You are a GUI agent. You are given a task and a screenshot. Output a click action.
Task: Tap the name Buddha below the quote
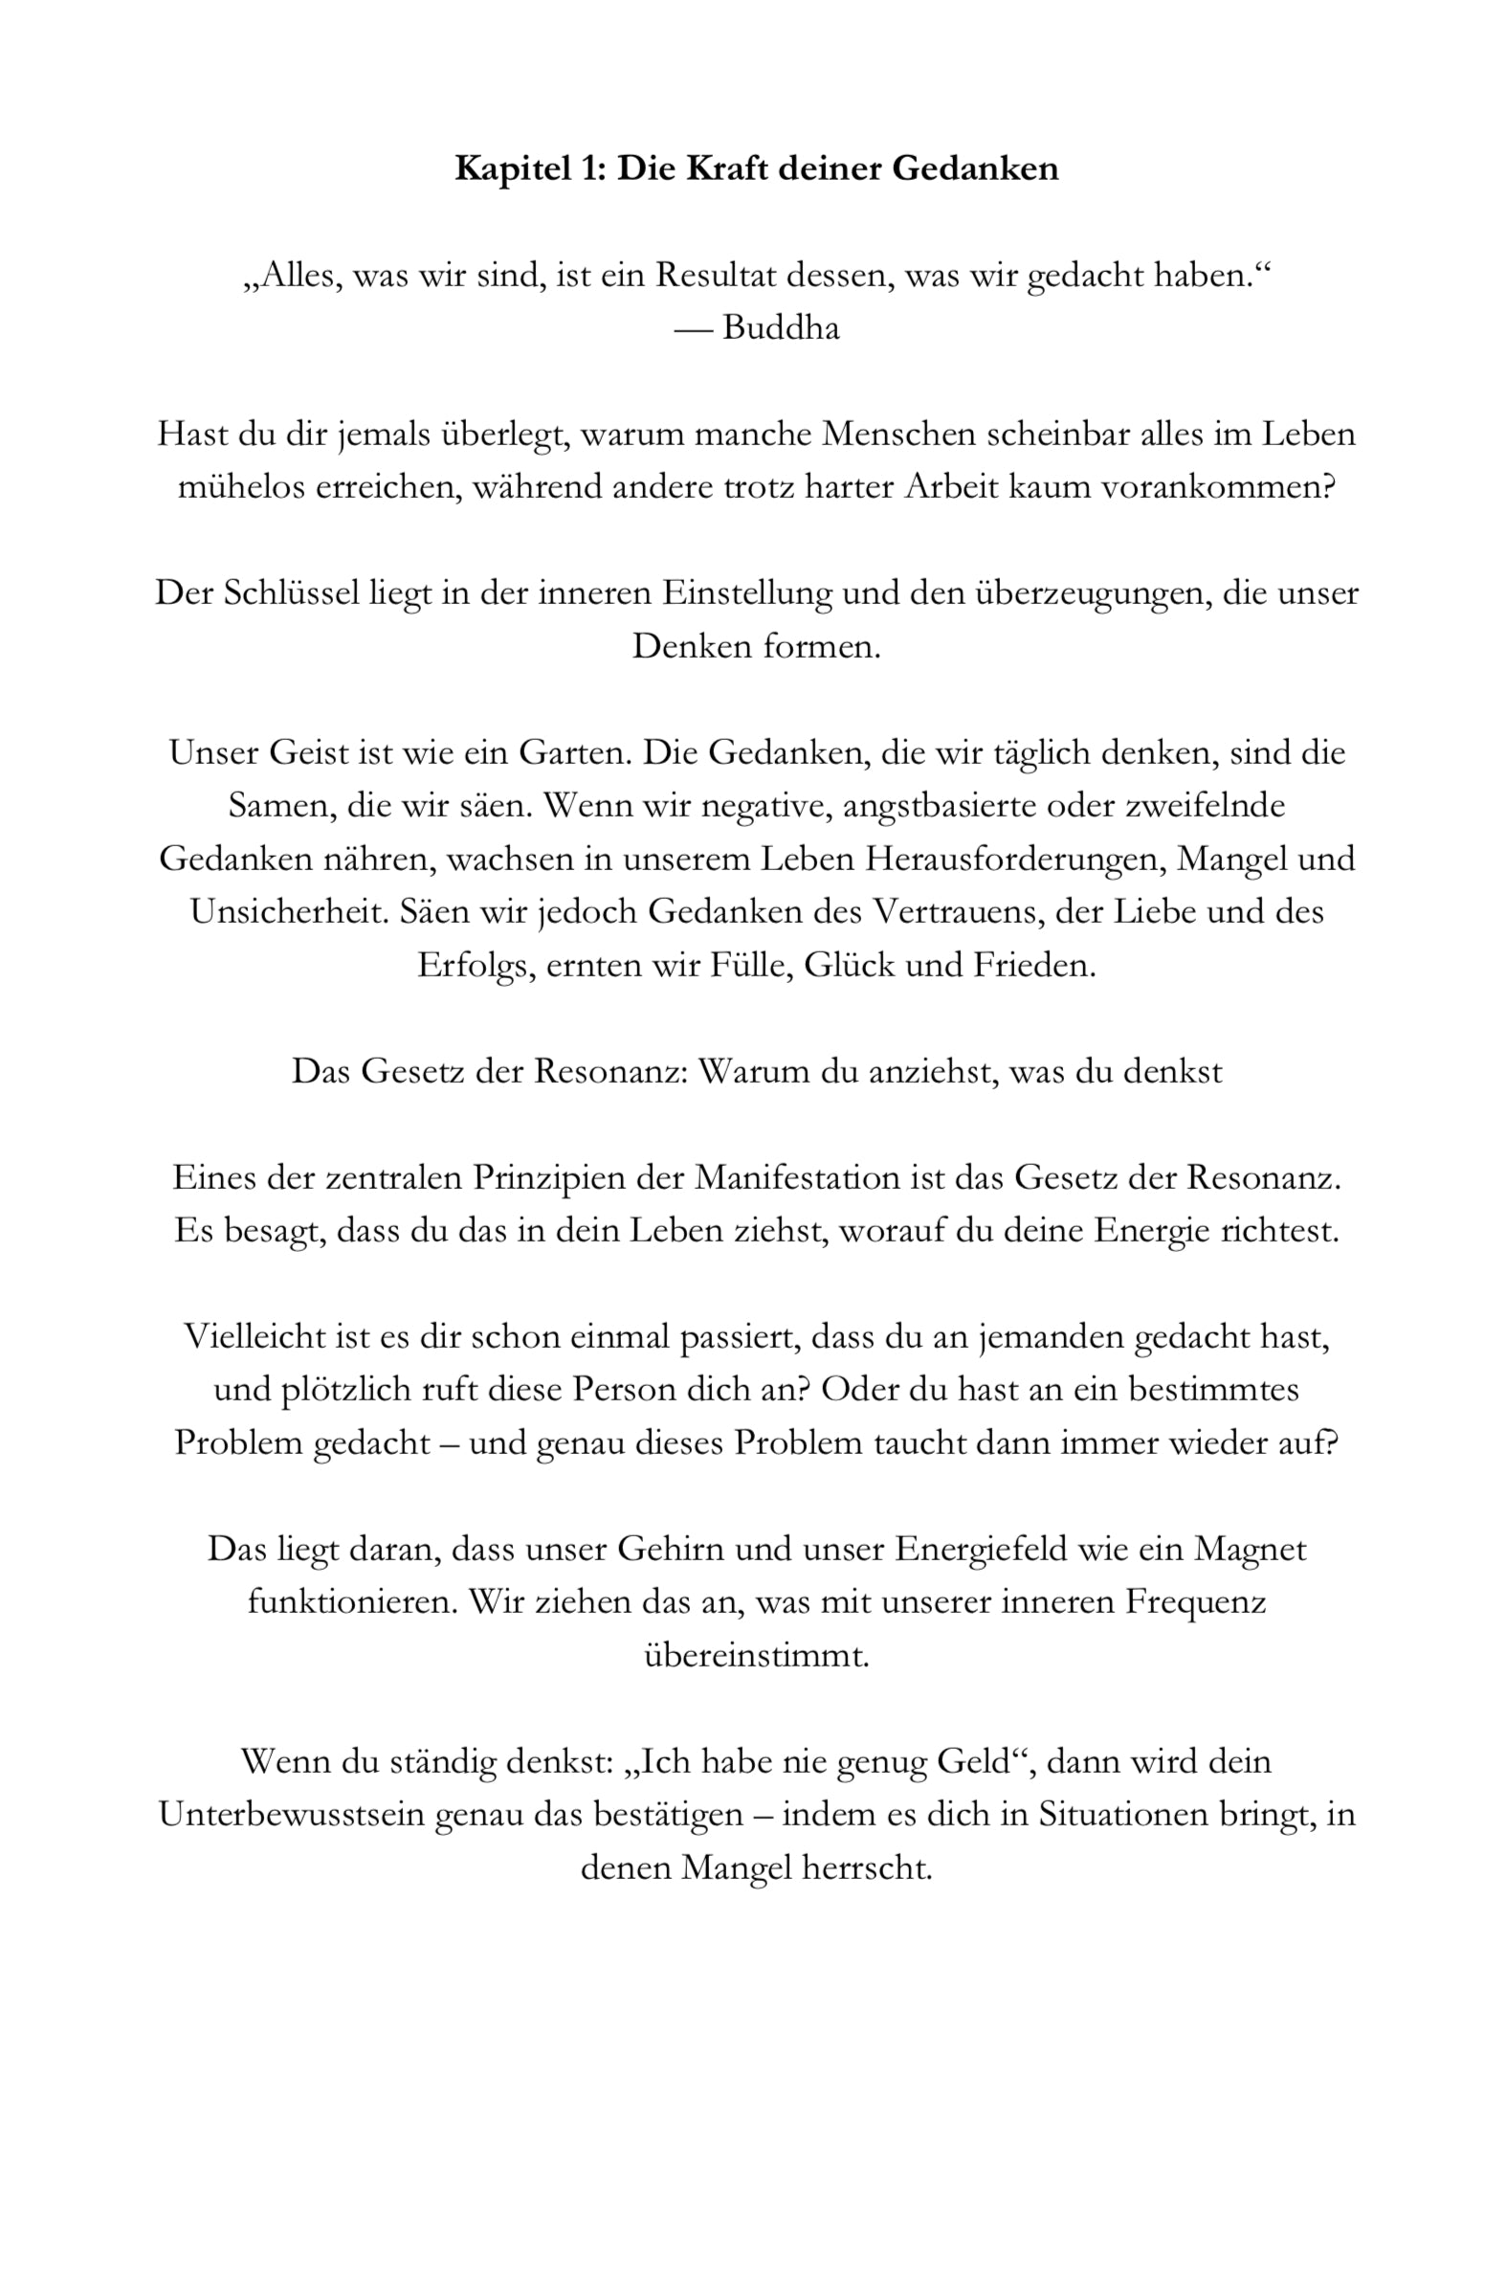[x=781, y=328]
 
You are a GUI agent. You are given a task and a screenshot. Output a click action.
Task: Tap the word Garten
[x=575, y=752]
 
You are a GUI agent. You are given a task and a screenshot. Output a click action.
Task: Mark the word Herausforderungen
[x=1015, y=859]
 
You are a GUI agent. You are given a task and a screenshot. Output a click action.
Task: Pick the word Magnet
[x=1250, y=1550]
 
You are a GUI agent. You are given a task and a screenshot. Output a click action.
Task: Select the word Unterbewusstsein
[x=291, y=1815]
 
